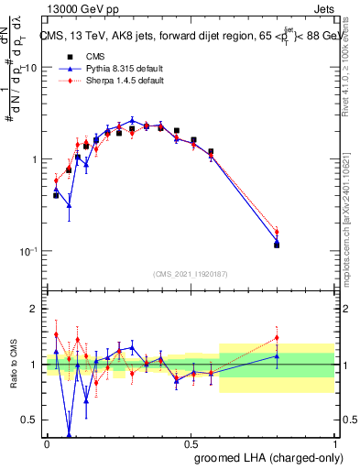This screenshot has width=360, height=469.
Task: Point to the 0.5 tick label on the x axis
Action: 191,442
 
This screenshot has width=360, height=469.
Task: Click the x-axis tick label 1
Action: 334,442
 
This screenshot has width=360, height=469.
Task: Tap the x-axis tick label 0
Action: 47,442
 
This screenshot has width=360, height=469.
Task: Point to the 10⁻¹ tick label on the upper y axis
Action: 28,250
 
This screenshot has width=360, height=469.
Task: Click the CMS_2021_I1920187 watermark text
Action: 191,273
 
